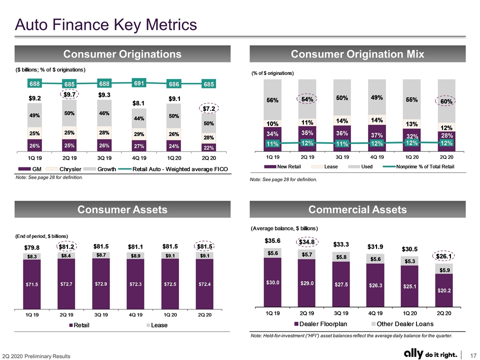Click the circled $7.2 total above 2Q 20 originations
click(x=209, y=108)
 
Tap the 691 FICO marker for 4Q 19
click(x=139, y=83)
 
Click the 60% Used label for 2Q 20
click(x=446, y=101)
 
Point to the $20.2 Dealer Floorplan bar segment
click(x=444, y=290)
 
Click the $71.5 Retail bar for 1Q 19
click(x=32, y=284)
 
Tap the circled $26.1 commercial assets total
click(x=444, y=256)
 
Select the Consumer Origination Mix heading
click(x=357, y=54)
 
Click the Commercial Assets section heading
click(x=357, y=209)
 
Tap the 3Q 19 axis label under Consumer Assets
click(x=101, y=314)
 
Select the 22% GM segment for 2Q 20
click(x=209, y=147)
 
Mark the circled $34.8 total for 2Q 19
click(x=307, y=242)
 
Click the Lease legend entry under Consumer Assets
click(x=157, y=325)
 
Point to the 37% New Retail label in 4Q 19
click(x=377, y=135)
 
